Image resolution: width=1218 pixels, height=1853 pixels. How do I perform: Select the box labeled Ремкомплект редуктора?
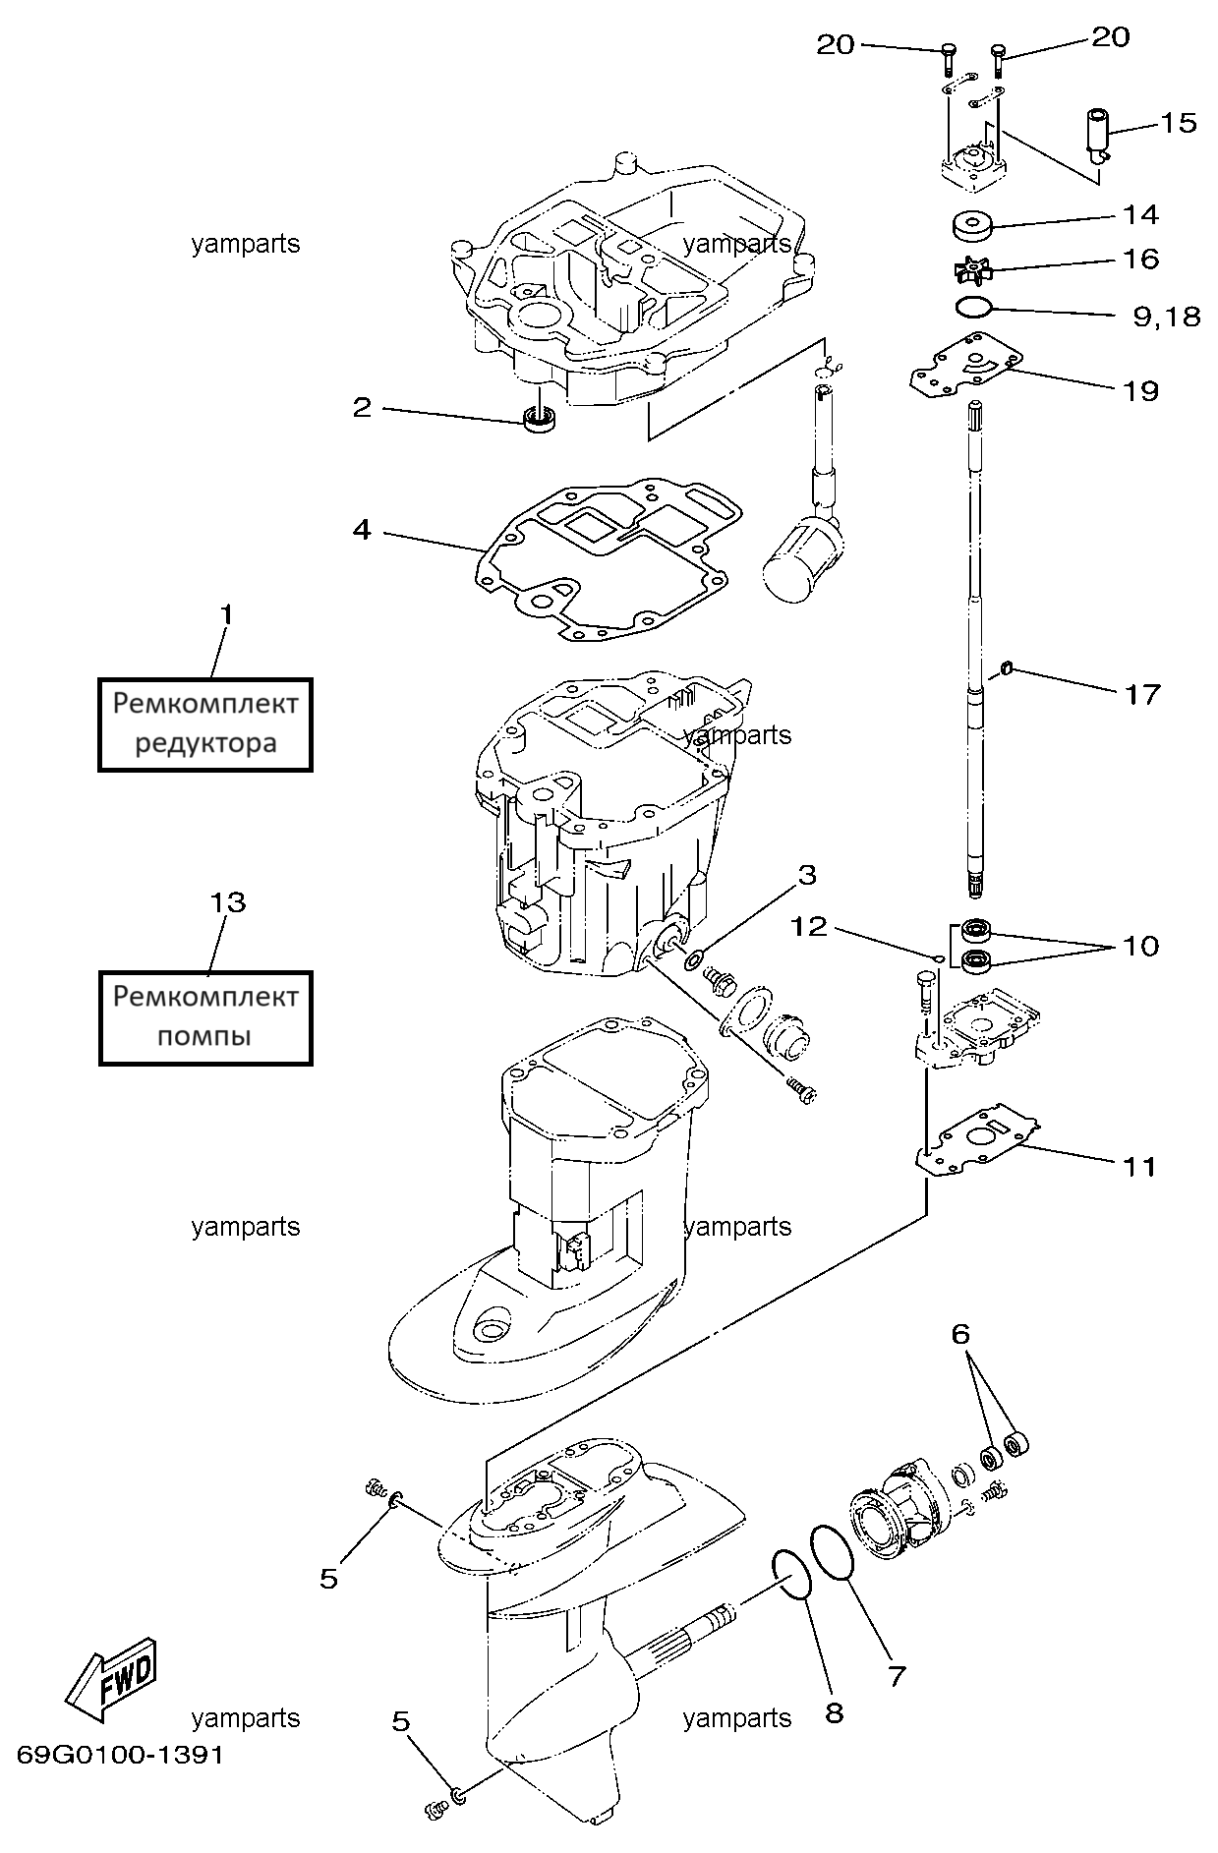pos(205,724)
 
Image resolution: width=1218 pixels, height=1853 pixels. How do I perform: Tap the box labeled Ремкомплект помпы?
pos(205,1017)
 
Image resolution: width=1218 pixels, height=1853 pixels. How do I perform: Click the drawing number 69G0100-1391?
pos(120,1755)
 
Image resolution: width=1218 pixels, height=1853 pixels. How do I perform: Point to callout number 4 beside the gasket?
pos(362,531)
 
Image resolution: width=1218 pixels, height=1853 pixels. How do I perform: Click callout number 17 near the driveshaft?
pos(1142,695)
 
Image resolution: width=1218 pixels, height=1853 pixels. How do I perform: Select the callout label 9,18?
pos(1166,317)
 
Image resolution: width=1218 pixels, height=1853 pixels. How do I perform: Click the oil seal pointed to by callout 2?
pos(539,418)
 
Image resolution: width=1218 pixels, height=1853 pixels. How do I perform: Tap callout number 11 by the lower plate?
pos(1140,1167)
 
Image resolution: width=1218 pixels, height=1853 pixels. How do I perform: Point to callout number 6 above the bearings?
pos(960,1334)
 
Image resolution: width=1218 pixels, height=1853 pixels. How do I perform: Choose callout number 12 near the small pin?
pos(810,927)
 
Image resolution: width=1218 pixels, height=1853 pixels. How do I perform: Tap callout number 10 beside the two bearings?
pos(1141,946)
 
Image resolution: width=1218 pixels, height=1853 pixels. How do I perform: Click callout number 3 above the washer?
pos(806,875)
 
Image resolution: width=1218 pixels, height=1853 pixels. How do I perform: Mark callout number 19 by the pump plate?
pos(1141,391)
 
